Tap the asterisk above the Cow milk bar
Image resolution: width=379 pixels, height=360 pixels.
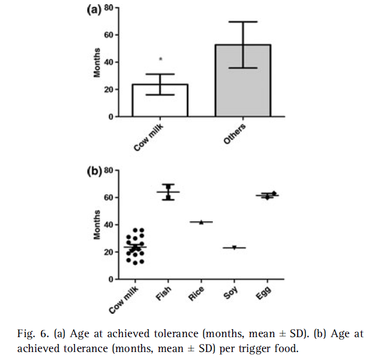coord(160,59)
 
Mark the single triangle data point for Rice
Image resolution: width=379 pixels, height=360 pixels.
coord(201,222)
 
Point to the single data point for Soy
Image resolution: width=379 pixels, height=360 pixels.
coord(234,247)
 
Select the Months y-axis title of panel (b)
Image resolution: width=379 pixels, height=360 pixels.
coord(97,225)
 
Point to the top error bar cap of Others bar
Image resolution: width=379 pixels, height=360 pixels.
coord(243,22)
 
